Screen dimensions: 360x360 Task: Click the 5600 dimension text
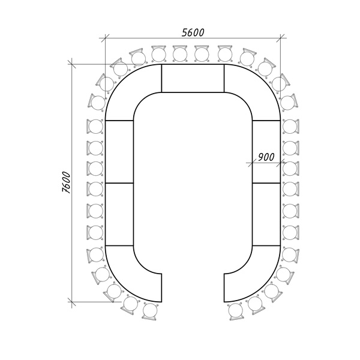(x=193, y=34)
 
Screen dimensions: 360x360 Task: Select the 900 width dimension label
(x=266, y=157)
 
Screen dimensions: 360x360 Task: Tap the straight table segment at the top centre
(x=193, y=78)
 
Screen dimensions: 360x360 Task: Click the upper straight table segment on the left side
(x=119, y=151)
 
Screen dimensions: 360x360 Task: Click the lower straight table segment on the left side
(x=119, y=213)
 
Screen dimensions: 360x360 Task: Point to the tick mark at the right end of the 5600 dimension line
(x=281, y=40)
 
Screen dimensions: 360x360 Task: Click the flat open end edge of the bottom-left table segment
(x=162, y=286)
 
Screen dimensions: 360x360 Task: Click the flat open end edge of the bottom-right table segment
(x=224, y=286)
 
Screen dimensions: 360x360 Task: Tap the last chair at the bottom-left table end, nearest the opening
(x=149, y=310)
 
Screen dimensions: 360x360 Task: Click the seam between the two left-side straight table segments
(x=119, y=182)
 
